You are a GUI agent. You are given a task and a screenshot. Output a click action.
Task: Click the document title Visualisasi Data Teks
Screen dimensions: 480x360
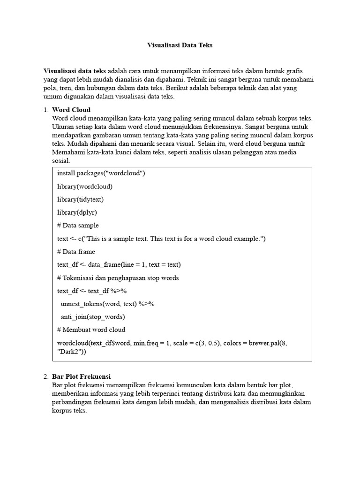180,45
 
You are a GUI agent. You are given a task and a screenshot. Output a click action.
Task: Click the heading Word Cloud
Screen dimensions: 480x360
71,110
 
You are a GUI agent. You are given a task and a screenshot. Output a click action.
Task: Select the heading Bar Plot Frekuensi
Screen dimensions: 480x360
81,376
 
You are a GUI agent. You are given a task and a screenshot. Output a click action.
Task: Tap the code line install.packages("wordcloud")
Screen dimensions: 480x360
101,173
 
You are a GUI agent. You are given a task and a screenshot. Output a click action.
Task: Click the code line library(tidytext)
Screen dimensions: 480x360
81,199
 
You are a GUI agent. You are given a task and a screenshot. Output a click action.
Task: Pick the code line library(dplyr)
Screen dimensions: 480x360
77,212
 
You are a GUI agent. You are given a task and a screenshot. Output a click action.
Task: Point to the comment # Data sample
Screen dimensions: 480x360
78,225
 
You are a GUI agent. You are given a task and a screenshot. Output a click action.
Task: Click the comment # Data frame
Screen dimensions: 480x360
76,252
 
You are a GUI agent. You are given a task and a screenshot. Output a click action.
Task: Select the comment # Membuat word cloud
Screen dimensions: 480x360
91,330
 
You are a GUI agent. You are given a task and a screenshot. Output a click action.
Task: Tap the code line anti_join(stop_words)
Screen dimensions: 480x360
92,316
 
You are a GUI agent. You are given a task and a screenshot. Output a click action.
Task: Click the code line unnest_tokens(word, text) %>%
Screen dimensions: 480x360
108,304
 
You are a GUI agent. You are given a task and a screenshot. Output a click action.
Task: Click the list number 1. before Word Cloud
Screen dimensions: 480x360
46,110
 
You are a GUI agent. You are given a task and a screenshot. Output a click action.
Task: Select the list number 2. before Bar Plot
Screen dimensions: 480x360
46,376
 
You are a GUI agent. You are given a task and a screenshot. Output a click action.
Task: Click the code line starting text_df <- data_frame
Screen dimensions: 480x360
119,264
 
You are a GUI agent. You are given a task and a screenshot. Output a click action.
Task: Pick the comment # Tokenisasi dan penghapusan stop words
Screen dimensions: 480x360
118,277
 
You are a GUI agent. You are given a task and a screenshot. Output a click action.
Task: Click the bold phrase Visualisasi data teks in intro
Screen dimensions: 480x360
74,71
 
